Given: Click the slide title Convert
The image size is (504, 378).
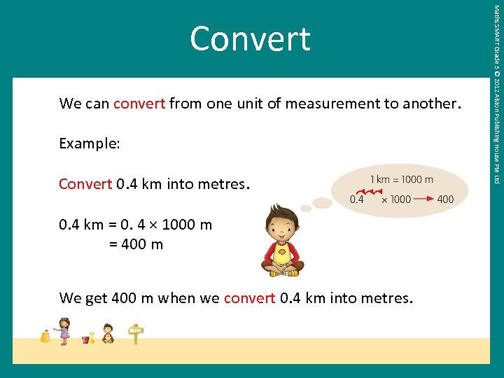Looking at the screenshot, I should [x=250, y=39].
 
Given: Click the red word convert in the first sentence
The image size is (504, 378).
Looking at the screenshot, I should [x=139, y=104].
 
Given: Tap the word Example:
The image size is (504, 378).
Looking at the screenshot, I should [x=90, y=143].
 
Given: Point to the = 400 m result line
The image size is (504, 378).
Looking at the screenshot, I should [x=136, y=244].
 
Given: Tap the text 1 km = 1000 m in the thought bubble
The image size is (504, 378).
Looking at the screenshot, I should [x=401, y=179].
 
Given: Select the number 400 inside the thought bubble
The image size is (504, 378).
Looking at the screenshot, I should [x=444, y=199].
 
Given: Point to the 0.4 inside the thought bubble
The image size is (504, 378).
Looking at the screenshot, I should [x=357, y=199].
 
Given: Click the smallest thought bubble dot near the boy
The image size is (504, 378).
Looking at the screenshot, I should [x=306, y=208].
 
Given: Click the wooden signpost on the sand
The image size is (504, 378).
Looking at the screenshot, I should [x=135, y=333].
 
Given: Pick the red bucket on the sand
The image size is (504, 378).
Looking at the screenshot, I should [x=86, y=339].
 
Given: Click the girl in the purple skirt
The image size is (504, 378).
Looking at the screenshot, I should [x=64, y=331].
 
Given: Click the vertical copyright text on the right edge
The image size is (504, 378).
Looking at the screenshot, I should [x=496, y=94].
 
